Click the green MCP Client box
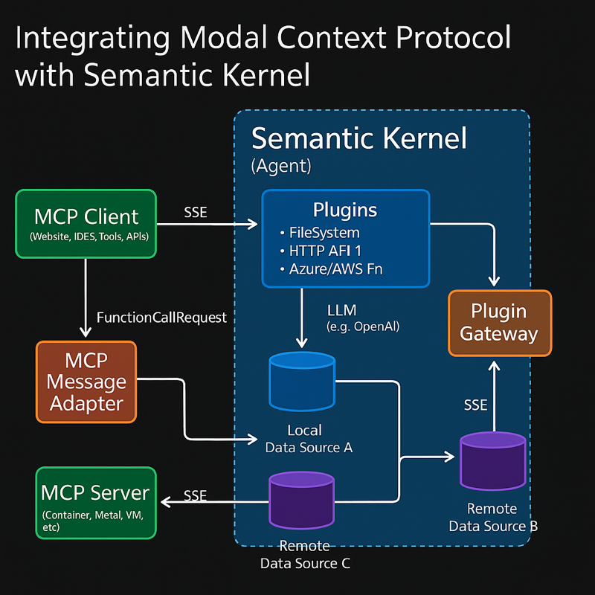[x=86, y=224]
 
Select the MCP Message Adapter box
[x=86, y=382]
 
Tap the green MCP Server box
[x=96, y=503]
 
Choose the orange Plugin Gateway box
[x=500, y=323]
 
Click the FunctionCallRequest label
[x=161, y=318]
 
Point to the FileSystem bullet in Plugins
[x=321, y=233]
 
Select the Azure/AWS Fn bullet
[x=331, y=269]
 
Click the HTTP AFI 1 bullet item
[x=321, y=251]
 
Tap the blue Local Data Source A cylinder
[x=302, y=382]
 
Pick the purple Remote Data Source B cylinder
[x=493, y=461]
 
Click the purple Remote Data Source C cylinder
[x=302, y=500]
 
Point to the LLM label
[x=342, y=310]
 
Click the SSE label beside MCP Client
[x=196, y=212]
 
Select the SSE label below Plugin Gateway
[x=475, y=405]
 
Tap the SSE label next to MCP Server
[x=196, y=495]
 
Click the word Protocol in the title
[x=454, y=37]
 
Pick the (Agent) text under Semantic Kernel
[x=281, y=166]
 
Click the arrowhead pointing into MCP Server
[x=165, y=502]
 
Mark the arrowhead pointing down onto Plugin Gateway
[x=494, y=282]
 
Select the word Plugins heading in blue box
[x=345, y=210]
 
